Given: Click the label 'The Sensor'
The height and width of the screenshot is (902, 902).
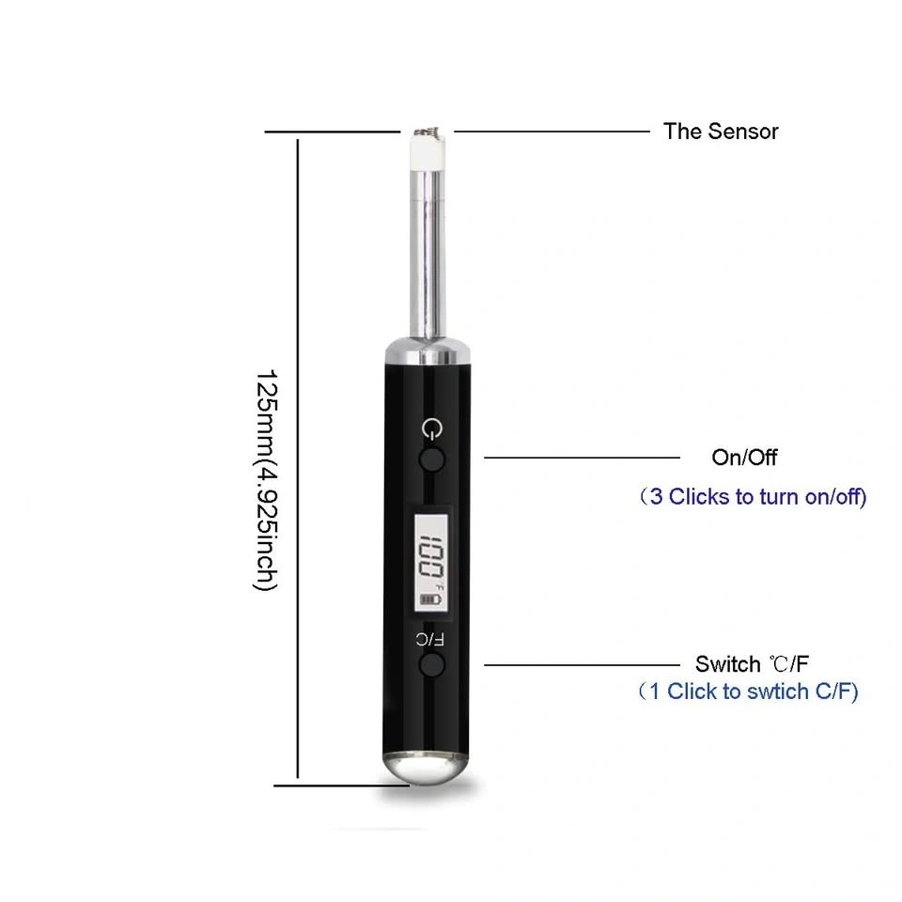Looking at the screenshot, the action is [721, 132].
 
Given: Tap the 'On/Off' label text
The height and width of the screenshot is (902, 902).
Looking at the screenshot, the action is [744, 458].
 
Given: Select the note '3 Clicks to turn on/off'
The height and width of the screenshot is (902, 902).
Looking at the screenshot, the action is [753, 496].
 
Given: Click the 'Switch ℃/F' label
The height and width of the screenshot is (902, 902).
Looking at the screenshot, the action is [752, 664].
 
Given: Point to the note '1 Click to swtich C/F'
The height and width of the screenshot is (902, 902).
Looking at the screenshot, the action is [749, 691].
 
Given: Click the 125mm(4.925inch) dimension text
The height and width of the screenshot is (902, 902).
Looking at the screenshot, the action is [266, 480].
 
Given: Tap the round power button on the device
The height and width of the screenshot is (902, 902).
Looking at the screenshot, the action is [432, 459].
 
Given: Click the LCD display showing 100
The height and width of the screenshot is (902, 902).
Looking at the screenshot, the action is [431, 562].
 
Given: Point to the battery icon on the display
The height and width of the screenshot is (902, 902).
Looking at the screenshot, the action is [431, 599].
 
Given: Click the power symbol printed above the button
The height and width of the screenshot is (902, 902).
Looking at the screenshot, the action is [432, 428].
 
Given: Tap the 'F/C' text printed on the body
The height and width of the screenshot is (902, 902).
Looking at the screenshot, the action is [429, 639].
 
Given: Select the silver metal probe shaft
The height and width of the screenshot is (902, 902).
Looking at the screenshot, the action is [428, 253].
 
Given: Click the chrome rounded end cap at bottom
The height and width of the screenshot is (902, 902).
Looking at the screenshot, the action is [426, 768].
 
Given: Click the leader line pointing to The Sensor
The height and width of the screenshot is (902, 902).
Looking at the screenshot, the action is [552, 132].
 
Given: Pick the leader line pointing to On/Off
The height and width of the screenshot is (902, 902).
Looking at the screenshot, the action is [582, 458].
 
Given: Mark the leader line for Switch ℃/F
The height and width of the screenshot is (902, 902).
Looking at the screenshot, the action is [582, 664].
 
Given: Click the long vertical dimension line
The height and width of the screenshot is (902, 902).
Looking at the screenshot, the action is [298, 459].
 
